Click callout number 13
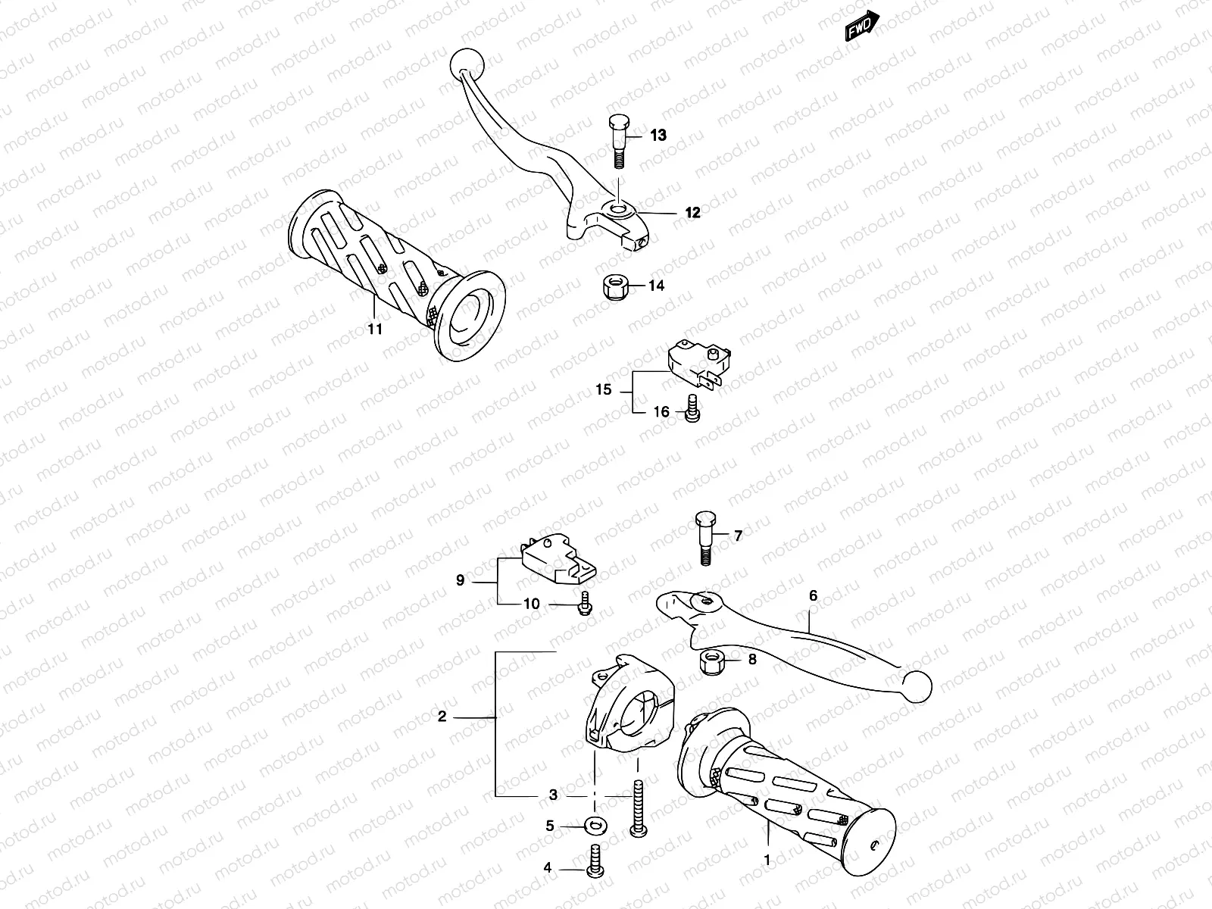click(658, 136)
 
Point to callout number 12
click(692, 213)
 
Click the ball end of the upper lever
click(464, 63)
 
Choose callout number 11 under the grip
click(375, 329)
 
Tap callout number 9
click(460, 581)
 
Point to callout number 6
click(814, 595)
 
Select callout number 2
click(442, 717)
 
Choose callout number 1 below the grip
click(767, 860)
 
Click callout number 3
click(553, 795)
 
